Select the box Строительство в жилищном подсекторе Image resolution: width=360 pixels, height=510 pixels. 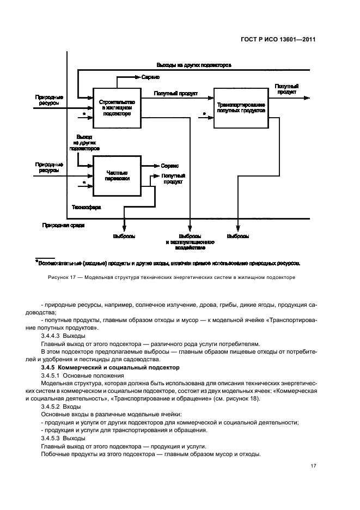[116, 107]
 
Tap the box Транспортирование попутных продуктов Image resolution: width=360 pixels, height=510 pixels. [240, 107]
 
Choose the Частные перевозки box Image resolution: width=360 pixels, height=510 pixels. [116, 175]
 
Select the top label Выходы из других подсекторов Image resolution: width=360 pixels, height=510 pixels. [194, 64]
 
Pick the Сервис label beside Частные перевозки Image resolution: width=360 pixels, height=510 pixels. [170, 165]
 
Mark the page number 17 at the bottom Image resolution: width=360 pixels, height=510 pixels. [313, 466]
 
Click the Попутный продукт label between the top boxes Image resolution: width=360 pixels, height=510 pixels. [175, 93]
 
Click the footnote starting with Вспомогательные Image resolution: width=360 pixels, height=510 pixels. [169, 263]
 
